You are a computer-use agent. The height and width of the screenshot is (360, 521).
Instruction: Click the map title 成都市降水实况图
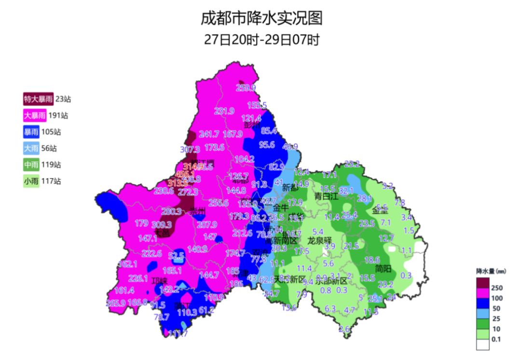261,18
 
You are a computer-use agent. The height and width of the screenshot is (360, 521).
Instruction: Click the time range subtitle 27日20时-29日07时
261,40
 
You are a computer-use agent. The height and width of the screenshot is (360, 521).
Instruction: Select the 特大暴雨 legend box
39,99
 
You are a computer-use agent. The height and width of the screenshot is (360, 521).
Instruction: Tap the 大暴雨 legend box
35,116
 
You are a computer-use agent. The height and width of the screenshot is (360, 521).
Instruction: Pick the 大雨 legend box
31,149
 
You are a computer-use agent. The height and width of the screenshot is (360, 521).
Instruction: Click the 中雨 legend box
31,165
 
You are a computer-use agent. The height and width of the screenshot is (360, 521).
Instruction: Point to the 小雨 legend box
31,181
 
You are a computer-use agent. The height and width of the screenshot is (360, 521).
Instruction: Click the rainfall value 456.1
185,174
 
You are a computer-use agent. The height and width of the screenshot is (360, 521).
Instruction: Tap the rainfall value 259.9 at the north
246,88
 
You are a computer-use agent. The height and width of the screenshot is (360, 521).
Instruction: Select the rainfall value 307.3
190,150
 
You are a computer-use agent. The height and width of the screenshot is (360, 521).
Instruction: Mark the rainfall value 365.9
116,303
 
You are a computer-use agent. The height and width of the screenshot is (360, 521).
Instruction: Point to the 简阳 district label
384,268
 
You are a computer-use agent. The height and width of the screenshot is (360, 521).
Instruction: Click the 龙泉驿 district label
320,240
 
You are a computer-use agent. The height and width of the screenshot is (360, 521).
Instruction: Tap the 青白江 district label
328,196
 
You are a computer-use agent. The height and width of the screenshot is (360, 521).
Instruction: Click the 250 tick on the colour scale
496,288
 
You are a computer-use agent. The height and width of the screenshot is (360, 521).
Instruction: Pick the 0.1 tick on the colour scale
496,339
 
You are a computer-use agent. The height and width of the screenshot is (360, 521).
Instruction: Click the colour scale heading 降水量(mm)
490,271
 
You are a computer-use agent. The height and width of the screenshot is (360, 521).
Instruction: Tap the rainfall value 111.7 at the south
178,333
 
